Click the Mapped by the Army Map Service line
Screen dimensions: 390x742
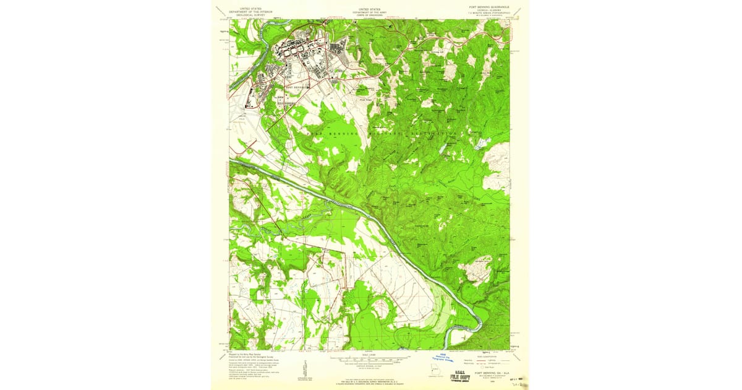244,354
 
